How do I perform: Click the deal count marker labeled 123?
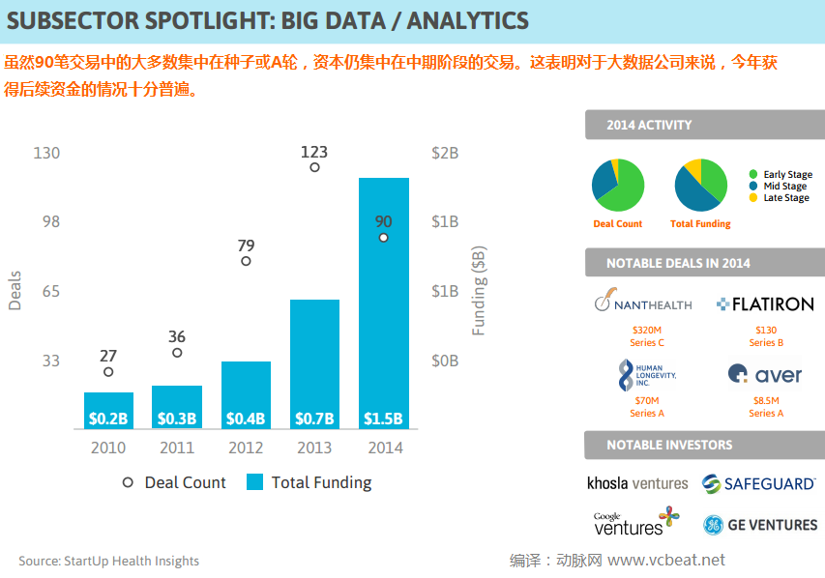pos(314,167)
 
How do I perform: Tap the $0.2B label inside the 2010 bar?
pos(108,419)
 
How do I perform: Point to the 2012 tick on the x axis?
pos(246,448)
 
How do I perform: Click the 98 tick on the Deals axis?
pos(48,221)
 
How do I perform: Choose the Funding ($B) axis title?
pos(479,290)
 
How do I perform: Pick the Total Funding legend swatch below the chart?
pos(255,482)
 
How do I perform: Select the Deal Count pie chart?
pos(618,185)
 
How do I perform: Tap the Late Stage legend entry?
pos(780,198)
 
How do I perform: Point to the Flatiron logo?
pos(765,303)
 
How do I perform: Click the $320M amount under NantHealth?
pos(646,330)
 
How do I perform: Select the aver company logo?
pos(764,374)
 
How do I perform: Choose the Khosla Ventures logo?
pos(637,482)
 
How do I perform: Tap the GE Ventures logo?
pos(760,525)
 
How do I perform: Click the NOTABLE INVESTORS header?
pos(669,446)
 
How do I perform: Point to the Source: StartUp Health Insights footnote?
pos(108,561)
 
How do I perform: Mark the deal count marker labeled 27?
pos(108,372)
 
